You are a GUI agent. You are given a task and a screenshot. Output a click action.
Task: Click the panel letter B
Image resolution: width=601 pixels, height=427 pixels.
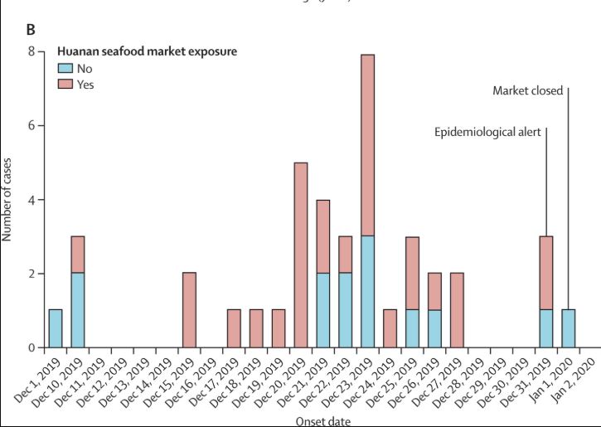click(x=31, y=31)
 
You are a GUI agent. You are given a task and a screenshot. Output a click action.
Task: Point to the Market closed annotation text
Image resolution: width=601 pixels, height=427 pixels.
click(x=527, y=90)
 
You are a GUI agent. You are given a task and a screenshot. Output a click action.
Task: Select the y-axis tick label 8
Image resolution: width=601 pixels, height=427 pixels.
click(x=31, y=52)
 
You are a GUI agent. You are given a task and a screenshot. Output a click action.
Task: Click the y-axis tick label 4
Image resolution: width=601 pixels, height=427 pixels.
click(x=31, y=200)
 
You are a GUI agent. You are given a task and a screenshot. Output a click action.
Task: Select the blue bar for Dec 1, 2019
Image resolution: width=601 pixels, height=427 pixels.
click(x=56, y=328)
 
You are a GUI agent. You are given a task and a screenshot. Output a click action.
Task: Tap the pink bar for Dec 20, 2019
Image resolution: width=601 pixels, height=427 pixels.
click(x=301, y=255)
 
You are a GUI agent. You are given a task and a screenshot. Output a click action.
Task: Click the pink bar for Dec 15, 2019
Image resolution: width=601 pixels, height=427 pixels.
click(x=189, y=310)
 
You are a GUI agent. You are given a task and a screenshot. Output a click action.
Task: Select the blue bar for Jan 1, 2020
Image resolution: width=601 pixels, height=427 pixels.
click(x=568, y=328)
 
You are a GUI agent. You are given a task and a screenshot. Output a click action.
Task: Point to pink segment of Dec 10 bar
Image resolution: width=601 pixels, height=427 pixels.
click(x=78, y=255)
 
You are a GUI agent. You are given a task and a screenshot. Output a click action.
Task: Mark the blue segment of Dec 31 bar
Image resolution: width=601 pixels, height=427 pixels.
click(x=545, y=328)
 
